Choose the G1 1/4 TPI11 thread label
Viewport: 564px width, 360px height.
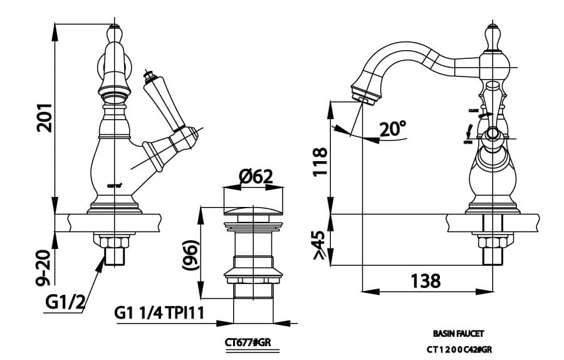160,312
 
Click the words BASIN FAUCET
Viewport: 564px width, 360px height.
459,334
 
